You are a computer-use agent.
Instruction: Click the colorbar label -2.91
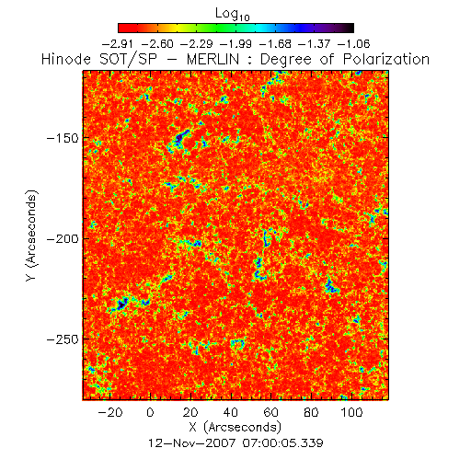(x=118, y=44)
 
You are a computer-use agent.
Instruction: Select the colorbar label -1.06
(x=353, y=44)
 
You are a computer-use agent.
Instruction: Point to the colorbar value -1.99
(x=235, y=44)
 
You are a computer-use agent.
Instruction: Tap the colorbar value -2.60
(x=157, y=44)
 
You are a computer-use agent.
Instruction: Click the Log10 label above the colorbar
(x=233, y=14)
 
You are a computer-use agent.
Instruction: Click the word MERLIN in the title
(x=213, y=59)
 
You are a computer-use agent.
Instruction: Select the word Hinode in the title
(x=66, y=59)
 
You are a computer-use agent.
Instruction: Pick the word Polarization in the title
(x=386, y=59)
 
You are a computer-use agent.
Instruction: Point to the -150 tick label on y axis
(x=63, y=138)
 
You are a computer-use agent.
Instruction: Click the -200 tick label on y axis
(x=63, y=238)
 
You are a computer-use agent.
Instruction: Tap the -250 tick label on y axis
(x=63, y=339)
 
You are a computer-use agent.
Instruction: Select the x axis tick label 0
(x=150, y=412)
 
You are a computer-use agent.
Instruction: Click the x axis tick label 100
(x=351, y=412)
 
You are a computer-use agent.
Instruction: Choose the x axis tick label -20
(x=110, y=412)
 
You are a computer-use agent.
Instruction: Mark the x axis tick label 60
(x=271, y=412)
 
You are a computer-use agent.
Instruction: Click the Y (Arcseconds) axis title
(x=31, y=235)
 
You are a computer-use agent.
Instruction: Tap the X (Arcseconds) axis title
(x=235, y=427)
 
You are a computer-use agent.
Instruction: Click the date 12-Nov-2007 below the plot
(x=192, y=443)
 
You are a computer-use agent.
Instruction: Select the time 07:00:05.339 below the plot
(x=283, y=443)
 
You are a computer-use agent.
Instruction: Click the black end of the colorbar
(x=350, y=28)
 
